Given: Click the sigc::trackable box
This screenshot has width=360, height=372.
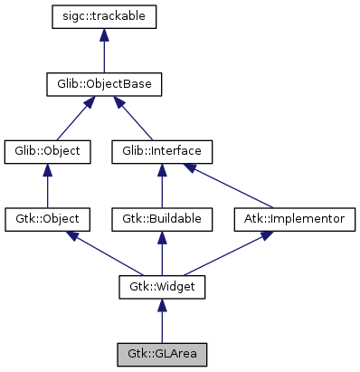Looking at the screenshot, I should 104,16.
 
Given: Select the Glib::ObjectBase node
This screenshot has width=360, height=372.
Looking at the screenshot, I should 104,84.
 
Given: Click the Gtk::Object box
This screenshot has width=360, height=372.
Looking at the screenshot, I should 47,219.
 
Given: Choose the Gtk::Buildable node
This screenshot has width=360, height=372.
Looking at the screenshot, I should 161,219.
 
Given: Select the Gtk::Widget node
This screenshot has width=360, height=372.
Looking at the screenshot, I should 161,287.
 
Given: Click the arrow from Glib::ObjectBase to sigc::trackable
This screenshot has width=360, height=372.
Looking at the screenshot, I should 104,51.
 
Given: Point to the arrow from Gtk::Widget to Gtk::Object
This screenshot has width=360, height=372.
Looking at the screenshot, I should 104,253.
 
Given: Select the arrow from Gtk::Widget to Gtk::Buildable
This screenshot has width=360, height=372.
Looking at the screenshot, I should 161,253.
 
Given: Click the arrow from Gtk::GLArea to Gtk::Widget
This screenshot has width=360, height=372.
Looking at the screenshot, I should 161,321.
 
